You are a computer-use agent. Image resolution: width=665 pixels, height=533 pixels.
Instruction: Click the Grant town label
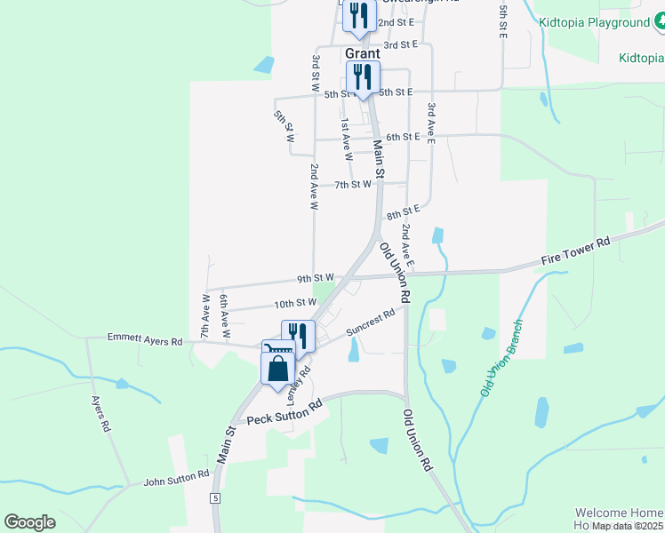point(363,54)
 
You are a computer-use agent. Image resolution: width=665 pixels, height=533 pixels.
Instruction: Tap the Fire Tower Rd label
point(576,253)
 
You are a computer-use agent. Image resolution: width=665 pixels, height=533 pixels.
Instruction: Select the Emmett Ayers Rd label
point(144,339)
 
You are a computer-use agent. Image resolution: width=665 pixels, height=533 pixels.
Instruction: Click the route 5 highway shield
point(214,497)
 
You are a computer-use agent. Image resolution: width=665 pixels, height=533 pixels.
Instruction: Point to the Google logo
point(29,522)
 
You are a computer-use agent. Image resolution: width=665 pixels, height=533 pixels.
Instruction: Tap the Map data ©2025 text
point(627,526)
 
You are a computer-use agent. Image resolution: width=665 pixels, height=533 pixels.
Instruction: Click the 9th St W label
point(315,278)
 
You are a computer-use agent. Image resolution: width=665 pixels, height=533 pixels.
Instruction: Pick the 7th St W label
point(352,185)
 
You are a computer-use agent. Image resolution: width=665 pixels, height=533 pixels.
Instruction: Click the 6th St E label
point(403,136)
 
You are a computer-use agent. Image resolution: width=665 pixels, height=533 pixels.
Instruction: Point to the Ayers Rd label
point(100,414)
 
